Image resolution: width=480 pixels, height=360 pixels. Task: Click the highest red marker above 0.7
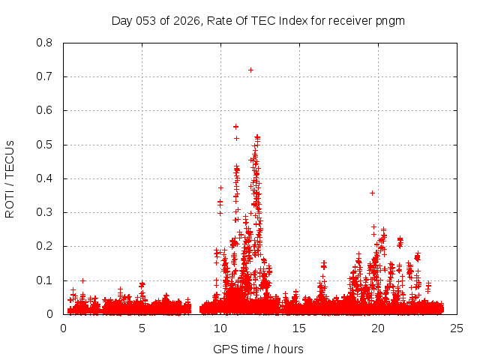[250, 70]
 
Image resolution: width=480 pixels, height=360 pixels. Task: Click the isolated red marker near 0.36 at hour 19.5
[372, 193]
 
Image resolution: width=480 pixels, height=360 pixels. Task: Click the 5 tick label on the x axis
[142, 328]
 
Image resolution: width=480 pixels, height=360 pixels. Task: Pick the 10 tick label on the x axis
[220, 328]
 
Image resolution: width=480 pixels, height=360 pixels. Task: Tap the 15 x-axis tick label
[299, 328]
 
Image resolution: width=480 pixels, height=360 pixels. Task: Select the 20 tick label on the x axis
[378, 328]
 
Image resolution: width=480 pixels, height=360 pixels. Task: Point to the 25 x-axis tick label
[457, 328]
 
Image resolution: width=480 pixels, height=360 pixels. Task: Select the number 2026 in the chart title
[184, 20]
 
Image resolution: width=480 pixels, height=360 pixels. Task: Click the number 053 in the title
[148, 20]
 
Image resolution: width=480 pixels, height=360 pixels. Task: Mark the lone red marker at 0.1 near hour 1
[82, 280]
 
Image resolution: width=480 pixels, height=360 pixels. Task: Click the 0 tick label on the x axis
[63, 328]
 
